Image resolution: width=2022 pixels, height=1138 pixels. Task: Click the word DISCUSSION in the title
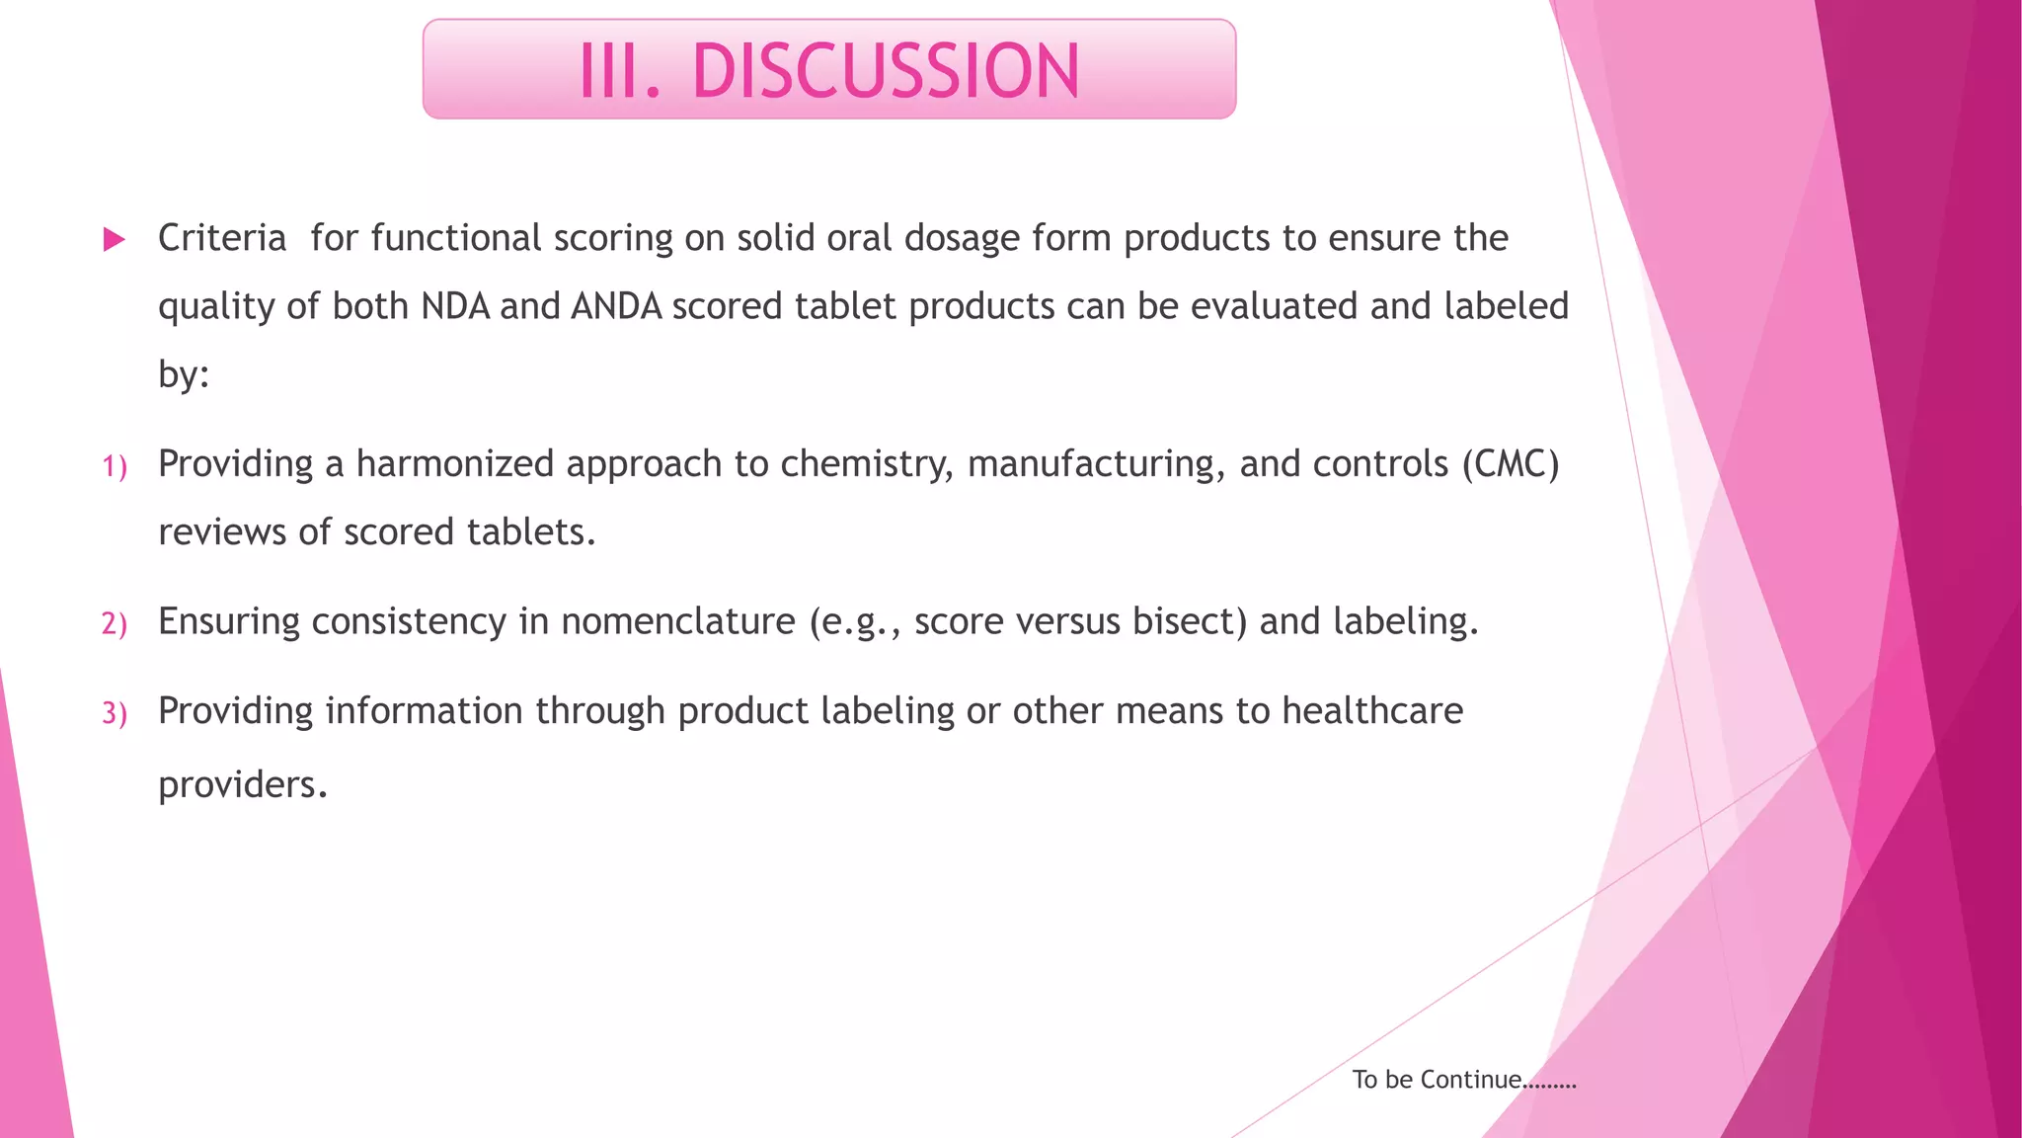click(886, 71)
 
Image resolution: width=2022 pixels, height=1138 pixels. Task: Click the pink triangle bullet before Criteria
click(115, 239)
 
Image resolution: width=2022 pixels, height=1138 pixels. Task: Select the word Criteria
click(222, 238)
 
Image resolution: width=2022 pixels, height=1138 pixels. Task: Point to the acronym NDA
click(455, 306)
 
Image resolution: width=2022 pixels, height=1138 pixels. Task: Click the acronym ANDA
click(616, 306)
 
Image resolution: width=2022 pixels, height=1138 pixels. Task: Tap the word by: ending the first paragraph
click(184, 375)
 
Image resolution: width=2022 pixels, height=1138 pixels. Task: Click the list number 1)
click(115, 466)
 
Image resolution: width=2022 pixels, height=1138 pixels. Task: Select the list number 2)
click(115, 624)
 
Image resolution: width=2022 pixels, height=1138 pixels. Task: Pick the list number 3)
click(115, 713)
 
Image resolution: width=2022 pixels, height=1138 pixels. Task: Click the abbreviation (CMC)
click(1511, 464)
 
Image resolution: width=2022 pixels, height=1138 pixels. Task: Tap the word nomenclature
click(678, 621)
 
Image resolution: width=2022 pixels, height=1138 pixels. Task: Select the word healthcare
click(1372, 711)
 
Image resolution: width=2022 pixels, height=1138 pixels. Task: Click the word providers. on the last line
click(242, 785)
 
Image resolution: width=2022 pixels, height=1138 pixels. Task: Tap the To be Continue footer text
click(1464, 1080)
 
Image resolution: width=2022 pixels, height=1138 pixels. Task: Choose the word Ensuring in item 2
click(229, 622)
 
